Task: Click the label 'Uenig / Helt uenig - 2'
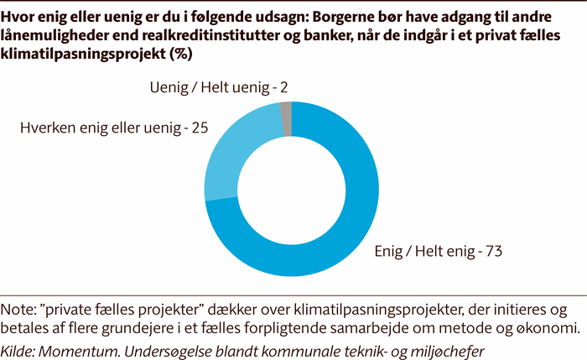pyautogui.click(x=221, y=87)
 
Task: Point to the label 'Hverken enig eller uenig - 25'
pyautogui.click(x=113, y=129)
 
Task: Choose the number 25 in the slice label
pyautogui.click(x=199, y=129)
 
